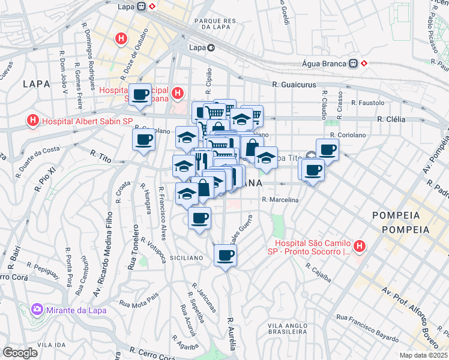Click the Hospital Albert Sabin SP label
[x=86, y=121]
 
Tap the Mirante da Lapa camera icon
[x=37, y=310]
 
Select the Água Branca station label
[x=324, y=64]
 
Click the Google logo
[x=20, y=353]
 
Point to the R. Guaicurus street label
[x=294, y=85]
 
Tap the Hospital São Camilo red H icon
[x=359, y=245]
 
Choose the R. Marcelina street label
[x=280, y=200]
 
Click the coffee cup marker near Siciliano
[x=225, y=256]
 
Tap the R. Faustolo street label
[x=367, y=103]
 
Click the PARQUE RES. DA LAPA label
[x=217, y=24]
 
